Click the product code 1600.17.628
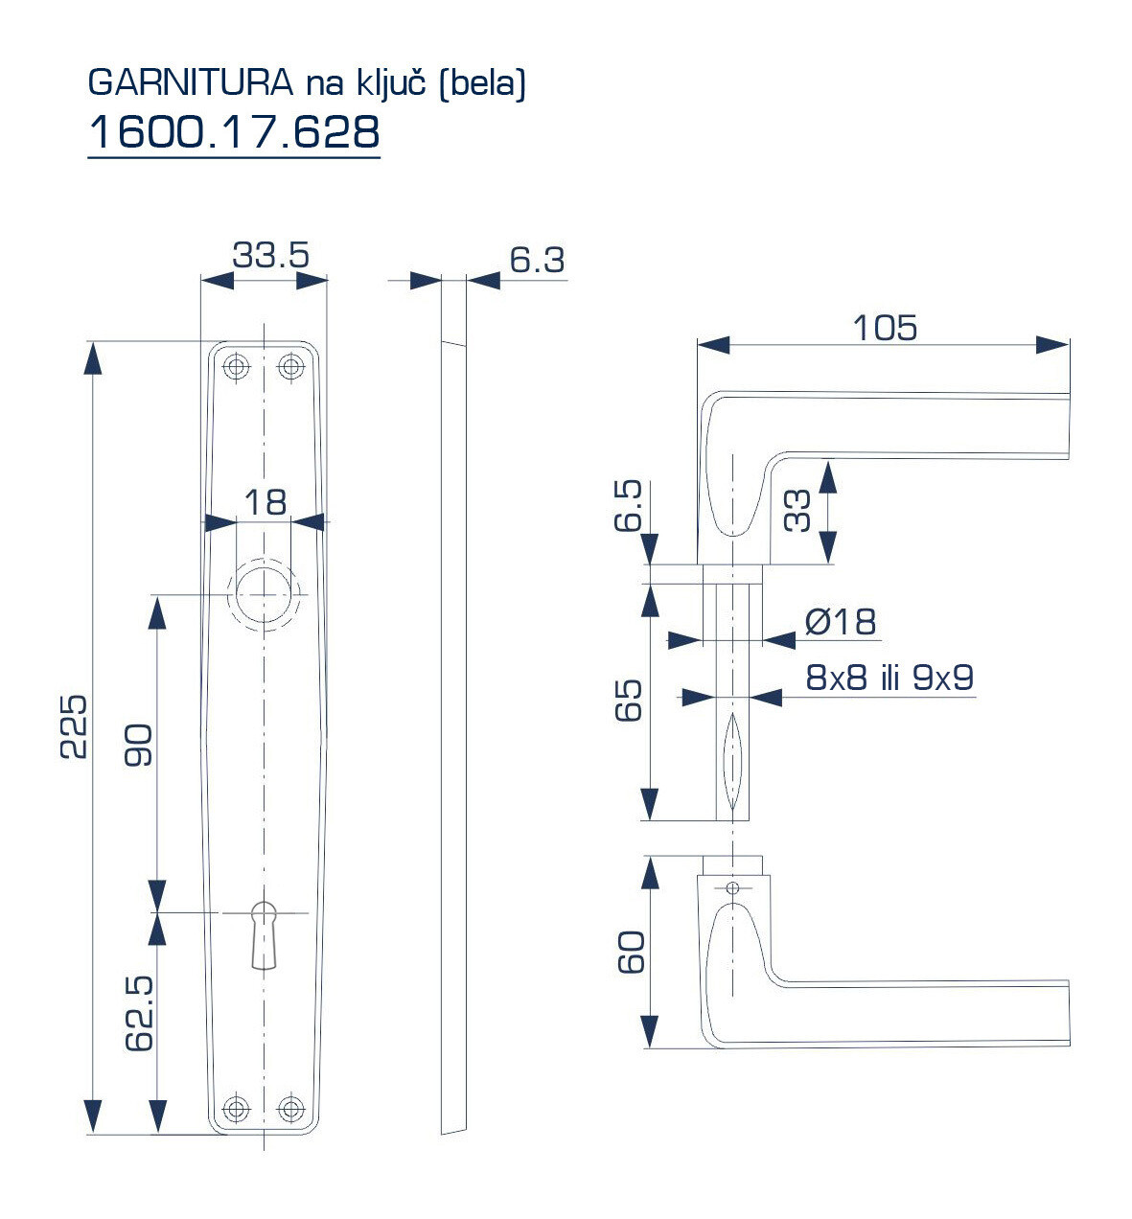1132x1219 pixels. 234,132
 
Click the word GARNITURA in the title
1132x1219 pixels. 190,83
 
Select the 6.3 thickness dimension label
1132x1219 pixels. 537,259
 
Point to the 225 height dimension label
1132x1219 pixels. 74,725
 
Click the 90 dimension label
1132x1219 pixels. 139,746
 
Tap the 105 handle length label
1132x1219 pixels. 884,328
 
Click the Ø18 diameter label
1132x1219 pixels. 841,622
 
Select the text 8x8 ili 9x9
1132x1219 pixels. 889,678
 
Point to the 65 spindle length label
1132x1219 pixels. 629,701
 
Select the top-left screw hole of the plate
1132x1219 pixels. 236,366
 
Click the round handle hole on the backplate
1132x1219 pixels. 261,594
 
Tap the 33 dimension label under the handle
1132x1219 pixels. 797,510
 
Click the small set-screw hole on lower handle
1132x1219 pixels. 733,888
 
